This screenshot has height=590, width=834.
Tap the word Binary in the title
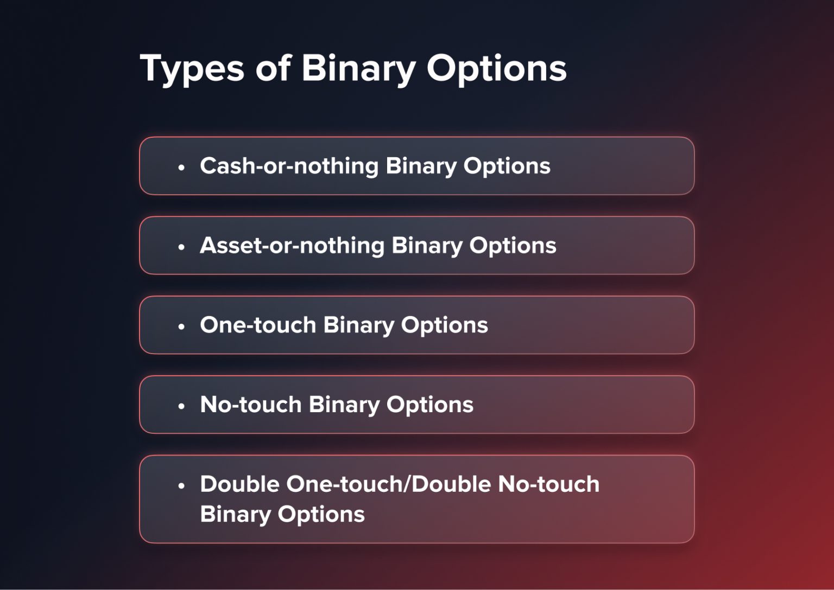[x=358, y=69]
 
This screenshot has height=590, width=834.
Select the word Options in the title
[x=496, y=69]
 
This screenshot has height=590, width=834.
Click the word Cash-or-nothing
[x=289, y=166]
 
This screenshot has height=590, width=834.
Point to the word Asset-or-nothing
[x=292, y=246]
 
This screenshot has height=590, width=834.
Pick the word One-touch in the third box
[x=258, y=325]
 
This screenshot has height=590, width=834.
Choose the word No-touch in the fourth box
[x=250, y=405]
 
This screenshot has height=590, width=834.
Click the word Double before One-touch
[x=239, y=484]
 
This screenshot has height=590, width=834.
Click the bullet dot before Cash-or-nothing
[x=181, y=168]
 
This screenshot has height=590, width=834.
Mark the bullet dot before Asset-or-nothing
[x=181, y=247]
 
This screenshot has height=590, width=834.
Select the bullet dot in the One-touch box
[x=181, y=327]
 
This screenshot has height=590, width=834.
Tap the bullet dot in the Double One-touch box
[x=181, y=486]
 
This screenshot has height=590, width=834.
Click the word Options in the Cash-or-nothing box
[x=507, y=166]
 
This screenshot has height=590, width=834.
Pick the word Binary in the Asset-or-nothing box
[x=427, y=246]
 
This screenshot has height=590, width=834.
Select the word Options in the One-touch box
[x=444, y=325]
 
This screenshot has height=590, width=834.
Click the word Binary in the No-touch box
[x=344, y=405]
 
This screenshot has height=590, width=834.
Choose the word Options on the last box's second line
[x=321, y=514]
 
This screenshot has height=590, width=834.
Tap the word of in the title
[x=273, y=69]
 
